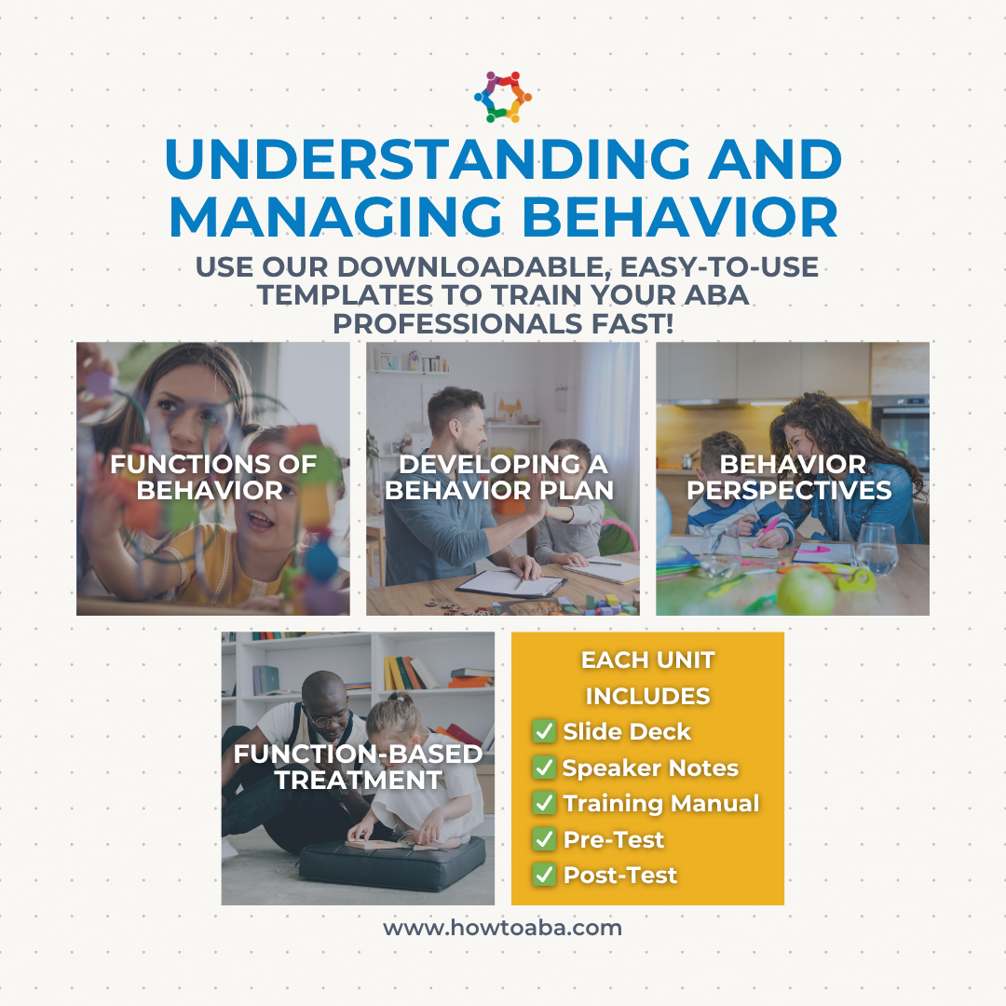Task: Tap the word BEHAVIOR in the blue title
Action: click(x=681, y=217)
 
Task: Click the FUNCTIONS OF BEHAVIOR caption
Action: click(x=213, y=477)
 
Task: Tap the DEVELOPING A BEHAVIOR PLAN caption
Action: click(x=500, y=477)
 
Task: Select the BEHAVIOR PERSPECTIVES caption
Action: click(x=789, y=477)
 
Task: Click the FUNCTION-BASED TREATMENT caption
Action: click(x=358, y=767)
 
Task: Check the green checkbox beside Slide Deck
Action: click(x=544, y=731)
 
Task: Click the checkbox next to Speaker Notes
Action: click(x=544, y=767)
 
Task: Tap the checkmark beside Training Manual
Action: click(x=544, y=803)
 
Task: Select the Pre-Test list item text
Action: click(x=613, y=839)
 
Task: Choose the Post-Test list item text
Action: click(x=619, y=875)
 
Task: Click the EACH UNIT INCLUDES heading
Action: click(x=648, y=677)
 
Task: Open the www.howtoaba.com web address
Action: click(x=502, y=928)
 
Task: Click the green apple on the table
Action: click(x=806, y=591)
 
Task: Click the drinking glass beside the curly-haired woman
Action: click(x=876, y=549)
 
